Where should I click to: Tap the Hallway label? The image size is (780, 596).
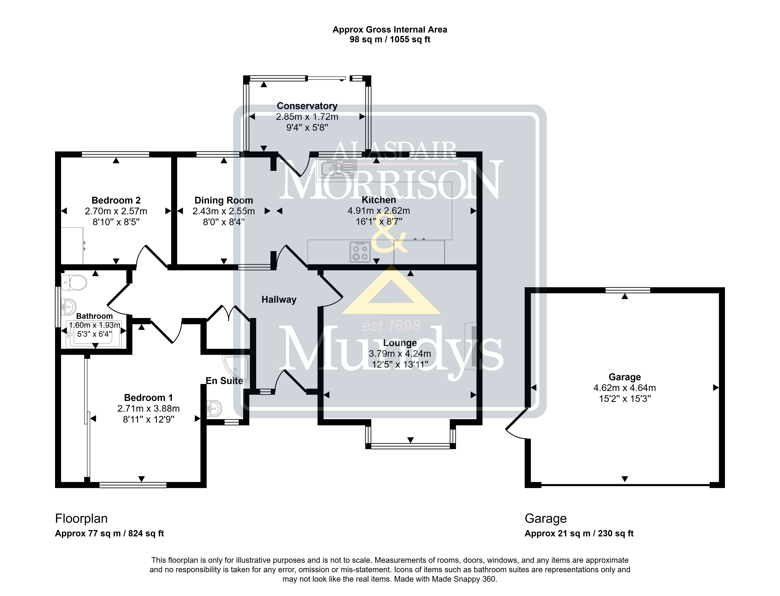coord(279,300)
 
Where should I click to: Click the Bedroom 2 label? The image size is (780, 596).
coord(116,200)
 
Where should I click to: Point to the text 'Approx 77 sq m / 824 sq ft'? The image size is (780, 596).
coord(109,534)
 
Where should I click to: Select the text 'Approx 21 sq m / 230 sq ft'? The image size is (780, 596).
coord(579,534)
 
